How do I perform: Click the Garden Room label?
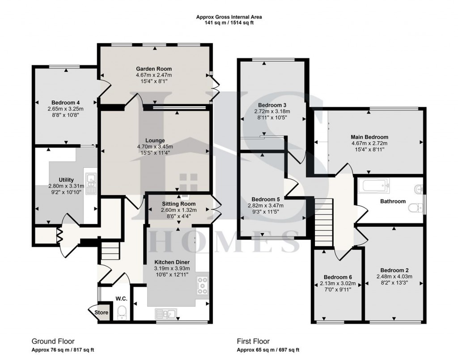click(154, 68)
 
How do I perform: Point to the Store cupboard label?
click(102, 313)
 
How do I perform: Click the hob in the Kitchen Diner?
click(202, 285)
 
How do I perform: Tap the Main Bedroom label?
click(370, 137)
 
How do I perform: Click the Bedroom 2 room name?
click(394, 270)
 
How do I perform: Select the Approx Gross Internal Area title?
click(229, 17)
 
